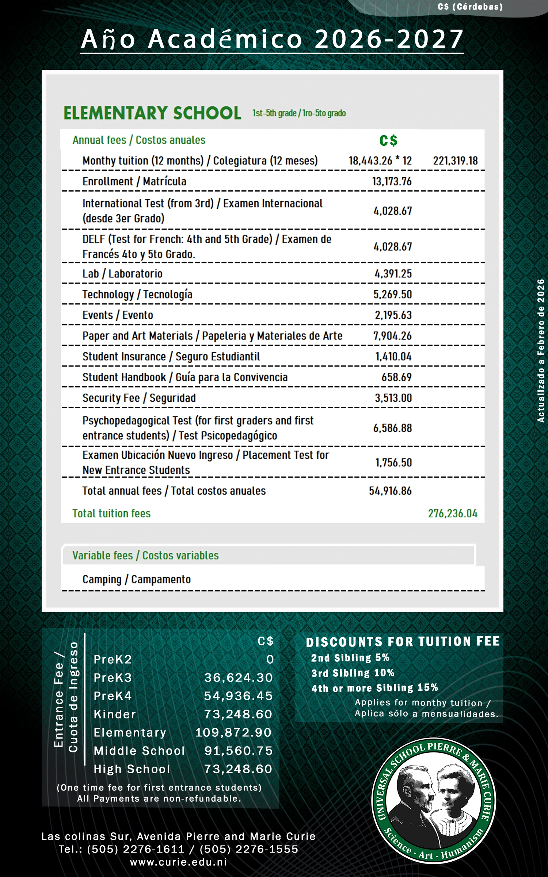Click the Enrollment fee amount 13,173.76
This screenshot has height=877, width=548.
[x=392, y=181]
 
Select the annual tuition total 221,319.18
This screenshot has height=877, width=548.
[x=455, y=161]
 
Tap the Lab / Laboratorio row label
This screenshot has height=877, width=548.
[x=122, y=274]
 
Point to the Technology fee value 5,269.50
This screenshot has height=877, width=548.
[x=392, y=295]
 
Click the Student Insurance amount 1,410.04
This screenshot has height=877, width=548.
[x=393, y=357]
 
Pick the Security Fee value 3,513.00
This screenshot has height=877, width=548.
[x=393, y=398]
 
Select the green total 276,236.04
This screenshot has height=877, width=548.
[x=453, y=513]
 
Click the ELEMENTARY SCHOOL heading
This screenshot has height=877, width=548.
[x=152, y=113]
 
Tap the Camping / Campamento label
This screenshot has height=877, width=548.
[x=137, y=579]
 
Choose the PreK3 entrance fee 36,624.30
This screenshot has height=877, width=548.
[x=238, y=678]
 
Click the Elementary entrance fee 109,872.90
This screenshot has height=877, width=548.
[x=233, y=733]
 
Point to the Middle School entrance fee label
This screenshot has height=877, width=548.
[x=139, y=751]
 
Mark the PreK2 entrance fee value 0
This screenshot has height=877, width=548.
[x=270, y=660]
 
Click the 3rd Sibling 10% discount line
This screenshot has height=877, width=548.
[x=353, y=673]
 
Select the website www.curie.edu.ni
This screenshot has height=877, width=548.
[x=179, y=862]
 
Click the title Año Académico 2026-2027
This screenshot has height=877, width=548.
[x=272, y=39]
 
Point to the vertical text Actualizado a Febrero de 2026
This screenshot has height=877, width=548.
[x=541, y=351]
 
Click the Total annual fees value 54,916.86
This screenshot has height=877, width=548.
[x=390, y=491]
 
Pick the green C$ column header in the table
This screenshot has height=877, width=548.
[x=388, y=141]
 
